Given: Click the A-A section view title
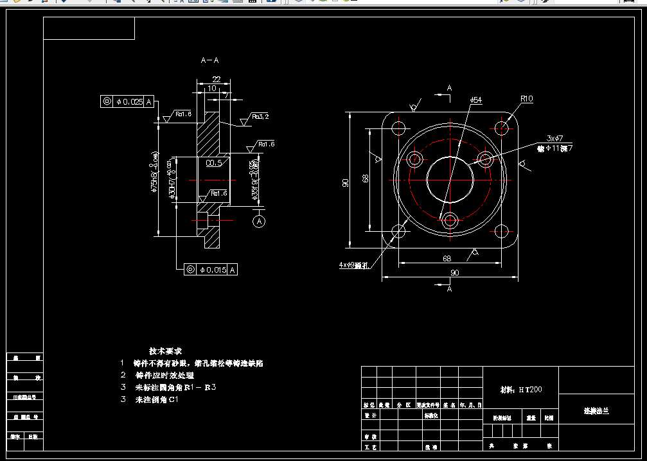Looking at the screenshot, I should point(210,60).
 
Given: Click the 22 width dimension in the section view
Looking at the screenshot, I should point(216,79).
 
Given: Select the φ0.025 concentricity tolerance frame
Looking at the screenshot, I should point(127,101).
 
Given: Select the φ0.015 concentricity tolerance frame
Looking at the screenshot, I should point(210,270).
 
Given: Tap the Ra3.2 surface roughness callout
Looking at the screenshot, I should point(260,117).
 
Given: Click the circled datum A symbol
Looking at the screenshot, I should point(259,222).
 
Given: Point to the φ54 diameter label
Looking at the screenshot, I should point(476,100).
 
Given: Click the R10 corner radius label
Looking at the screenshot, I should point(527,99).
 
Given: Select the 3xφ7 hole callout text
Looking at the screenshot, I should point(554,138).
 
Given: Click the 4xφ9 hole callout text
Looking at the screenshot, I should point(353,265).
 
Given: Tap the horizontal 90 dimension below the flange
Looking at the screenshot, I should point(455,273).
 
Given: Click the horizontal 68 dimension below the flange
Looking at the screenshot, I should point(447,258).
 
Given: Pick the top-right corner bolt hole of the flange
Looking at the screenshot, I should point(502,126).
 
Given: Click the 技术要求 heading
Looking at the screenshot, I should point(166,351).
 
